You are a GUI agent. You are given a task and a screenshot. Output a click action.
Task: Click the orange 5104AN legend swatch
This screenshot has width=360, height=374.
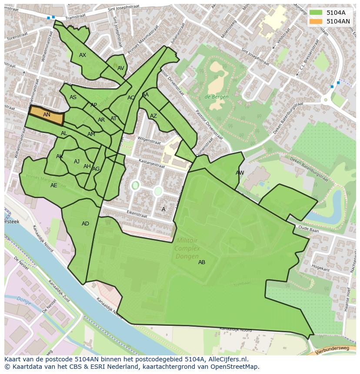tap(316, 21)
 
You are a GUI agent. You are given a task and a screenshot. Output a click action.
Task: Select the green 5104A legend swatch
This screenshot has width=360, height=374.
tap(316, 13)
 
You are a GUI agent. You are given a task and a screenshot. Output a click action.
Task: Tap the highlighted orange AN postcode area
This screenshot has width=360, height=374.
tap(47, 115)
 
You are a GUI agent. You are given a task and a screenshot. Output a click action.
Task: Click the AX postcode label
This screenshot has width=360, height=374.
tap(83, 55)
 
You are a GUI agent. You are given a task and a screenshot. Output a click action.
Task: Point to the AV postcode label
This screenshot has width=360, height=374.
tap(121, 68)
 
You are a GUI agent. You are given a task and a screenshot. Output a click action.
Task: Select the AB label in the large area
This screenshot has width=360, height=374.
tap(202, 262)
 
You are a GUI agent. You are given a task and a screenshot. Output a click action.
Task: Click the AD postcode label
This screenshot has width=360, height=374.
tap(85, 224)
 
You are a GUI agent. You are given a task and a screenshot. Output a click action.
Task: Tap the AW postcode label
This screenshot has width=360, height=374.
tap(240, 173)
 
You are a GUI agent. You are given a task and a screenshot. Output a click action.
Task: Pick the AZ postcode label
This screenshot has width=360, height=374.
tap(153, 116)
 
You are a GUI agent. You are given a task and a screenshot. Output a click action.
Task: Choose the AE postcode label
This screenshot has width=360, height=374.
tap(53, 185)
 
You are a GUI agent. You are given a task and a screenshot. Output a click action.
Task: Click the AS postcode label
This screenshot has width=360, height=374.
tap(73, 97)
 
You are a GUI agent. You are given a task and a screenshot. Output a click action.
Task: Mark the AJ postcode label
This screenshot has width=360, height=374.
tap(77, 162)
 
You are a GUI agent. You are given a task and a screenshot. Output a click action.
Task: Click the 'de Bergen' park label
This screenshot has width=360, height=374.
tap(217, 97)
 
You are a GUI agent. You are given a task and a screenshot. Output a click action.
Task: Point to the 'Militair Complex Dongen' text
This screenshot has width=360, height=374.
tap(187, 248)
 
